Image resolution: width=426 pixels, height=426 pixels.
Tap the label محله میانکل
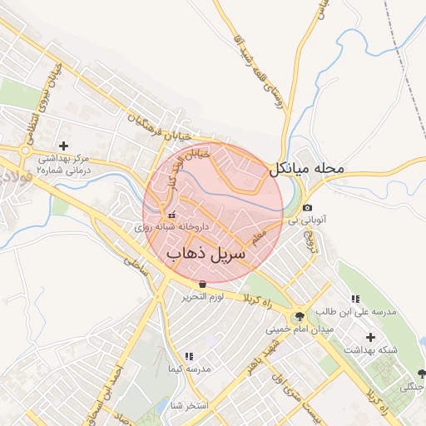tap(306, 169)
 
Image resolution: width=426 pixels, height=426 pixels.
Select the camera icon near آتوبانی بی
tap(308, 207)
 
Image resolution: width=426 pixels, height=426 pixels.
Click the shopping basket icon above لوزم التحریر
tap(202, 284)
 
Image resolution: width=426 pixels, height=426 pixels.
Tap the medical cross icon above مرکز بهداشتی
tap(63, 145)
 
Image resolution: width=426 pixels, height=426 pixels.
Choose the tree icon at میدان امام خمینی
tap(298, 315)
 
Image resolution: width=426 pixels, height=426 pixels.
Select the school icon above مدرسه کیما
tap(188, 355)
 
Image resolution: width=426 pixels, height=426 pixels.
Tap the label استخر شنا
tap(188, 405)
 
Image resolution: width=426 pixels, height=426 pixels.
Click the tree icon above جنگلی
tap(420, 374)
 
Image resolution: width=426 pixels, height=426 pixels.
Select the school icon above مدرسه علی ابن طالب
tap(355, 300)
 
